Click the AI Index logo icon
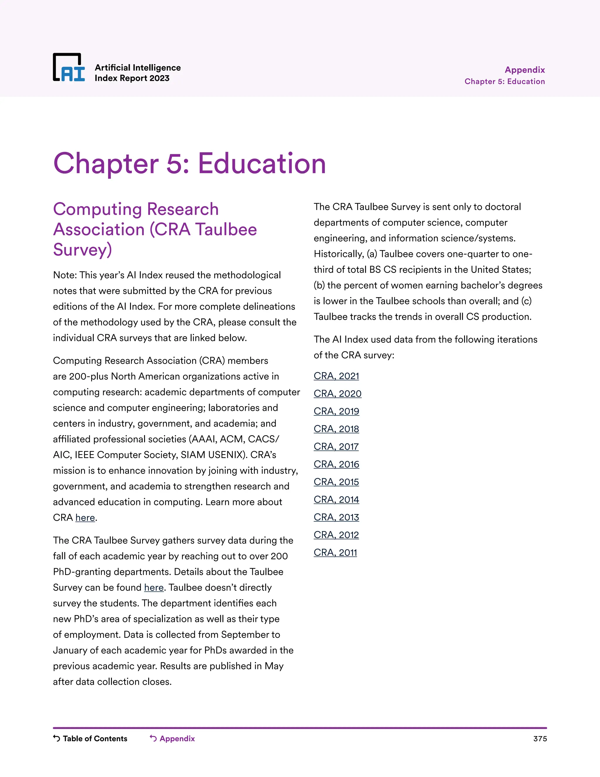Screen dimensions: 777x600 coord(69,67)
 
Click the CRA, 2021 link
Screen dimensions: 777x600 coord(336,376)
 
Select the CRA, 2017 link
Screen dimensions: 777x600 coord(336,447)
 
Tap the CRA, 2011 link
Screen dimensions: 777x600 coord(335,552)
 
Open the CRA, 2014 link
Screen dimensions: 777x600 coord(336,500)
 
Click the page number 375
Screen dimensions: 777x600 coord(540,739)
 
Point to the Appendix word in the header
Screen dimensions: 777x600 coord(525,70)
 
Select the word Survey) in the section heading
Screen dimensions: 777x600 coord(82,250)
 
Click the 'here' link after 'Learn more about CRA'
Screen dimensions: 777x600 coord(85,518)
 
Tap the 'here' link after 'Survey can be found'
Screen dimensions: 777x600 coord(154,587)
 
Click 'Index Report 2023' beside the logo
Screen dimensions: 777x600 coord(132,78)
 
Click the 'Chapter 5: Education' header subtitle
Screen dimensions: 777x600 coord(504,82)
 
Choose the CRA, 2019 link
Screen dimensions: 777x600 coord(336,411)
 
